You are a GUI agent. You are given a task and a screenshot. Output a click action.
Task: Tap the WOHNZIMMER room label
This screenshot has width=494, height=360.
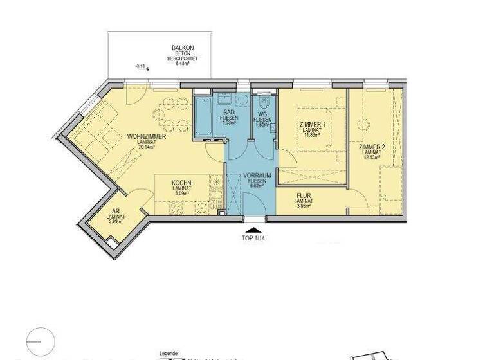(147, 137)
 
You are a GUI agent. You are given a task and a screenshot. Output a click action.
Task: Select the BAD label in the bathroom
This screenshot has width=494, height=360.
(228, 111)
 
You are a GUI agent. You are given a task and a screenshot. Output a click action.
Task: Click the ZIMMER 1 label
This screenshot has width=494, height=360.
(313, 125)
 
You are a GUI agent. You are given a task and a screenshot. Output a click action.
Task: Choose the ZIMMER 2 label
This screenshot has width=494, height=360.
(371, 147)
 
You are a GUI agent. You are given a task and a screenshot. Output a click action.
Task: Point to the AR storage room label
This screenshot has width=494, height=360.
(116, 211)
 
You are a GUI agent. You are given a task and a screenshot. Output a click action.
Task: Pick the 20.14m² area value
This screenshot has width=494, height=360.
(147, 147)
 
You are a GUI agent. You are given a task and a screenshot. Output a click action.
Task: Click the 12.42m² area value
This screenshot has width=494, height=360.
(371, 157)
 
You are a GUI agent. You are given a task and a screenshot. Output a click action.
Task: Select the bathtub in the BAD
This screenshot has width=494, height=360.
(203, 116)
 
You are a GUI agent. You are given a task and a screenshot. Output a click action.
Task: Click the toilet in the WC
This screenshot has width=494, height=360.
(264, 102)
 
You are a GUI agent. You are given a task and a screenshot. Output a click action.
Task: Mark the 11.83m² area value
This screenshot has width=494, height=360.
(313, 135)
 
